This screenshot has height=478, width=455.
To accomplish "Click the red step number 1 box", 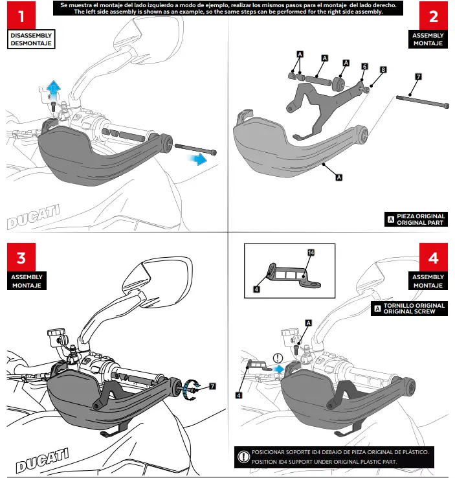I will click(x=21, y=15).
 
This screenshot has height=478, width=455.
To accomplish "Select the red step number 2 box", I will click(x=434, y=15).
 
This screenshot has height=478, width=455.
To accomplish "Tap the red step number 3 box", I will click(x=21, y=257).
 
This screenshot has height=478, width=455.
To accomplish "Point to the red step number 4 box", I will click(x=434, y=257).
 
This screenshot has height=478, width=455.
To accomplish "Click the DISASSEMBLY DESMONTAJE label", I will click(x=30, y=39).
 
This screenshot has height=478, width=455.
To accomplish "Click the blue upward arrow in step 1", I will click(x=56, y=84).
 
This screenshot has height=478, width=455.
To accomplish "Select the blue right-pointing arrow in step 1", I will click(x=206, y=159).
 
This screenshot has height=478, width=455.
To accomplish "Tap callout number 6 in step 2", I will click(x=364, y=67).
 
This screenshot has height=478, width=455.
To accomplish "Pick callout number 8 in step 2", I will click(x=383, y=69).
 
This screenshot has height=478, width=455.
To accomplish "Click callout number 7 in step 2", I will click(x=417, y=76).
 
